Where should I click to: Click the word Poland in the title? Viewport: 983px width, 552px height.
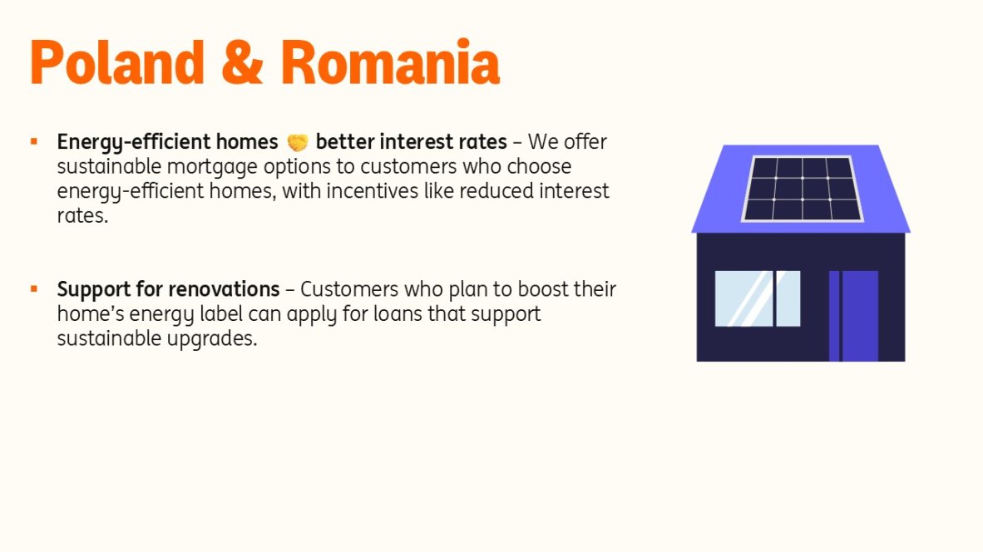[x=117, y=62]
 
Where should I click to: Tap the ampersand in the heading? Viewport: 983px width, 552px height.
[x=242, y=62]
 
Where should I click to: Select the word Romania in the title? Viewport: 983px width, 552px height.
[x=390, y=62]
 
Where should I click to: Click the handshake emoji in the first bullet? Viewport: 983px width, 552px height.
[x=297, y=143]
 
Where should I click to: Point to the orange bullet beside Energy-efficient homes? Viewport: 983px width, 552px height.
[x=34, y=141]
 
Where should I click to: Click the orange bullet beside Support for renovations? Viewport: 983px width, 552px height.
[x=34, y=288]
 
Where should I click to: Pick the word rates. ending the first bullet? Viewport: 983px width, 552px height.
[x=83, y=215]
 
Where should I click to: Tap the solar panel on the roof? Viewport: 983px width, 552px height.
[x=803, y=189]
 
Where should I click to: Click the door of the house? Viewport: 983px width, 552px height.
[x=853, y=316]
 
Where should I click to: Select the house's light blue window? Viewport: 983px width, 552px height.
[x=758, y=298]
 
